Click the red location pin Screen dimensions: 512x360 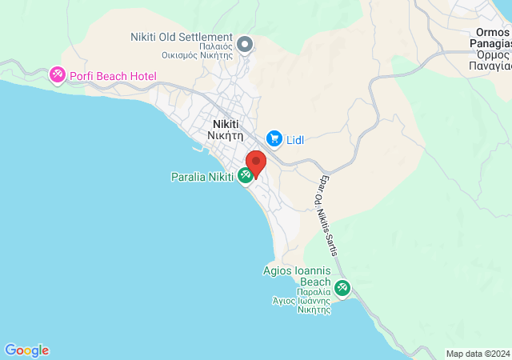coord(255,163)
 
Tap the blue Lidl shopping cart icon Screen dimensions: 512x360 coord(274,139)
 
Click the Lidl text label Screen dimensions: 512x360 coord(294,140)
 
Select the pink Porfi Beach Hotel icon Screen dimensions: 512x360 coord(58,75)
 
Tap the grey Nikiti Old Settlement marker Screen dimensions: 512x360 coord(245,43)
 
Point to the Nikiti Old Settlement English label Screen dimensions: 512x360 coord(182,37)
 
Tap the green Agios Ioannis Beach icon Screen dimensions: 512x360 coord(342,287)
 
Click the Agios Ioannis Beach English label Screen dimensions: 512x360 coord(297,276)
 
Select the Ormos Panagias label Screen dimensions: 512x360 coord(489,50)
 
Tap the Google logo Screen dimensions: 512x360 coord(26,350)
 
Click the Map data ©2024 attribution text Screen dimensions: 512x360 coord(478,354)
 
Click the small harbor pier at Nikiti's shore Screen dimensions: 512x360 coord(197,149)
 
